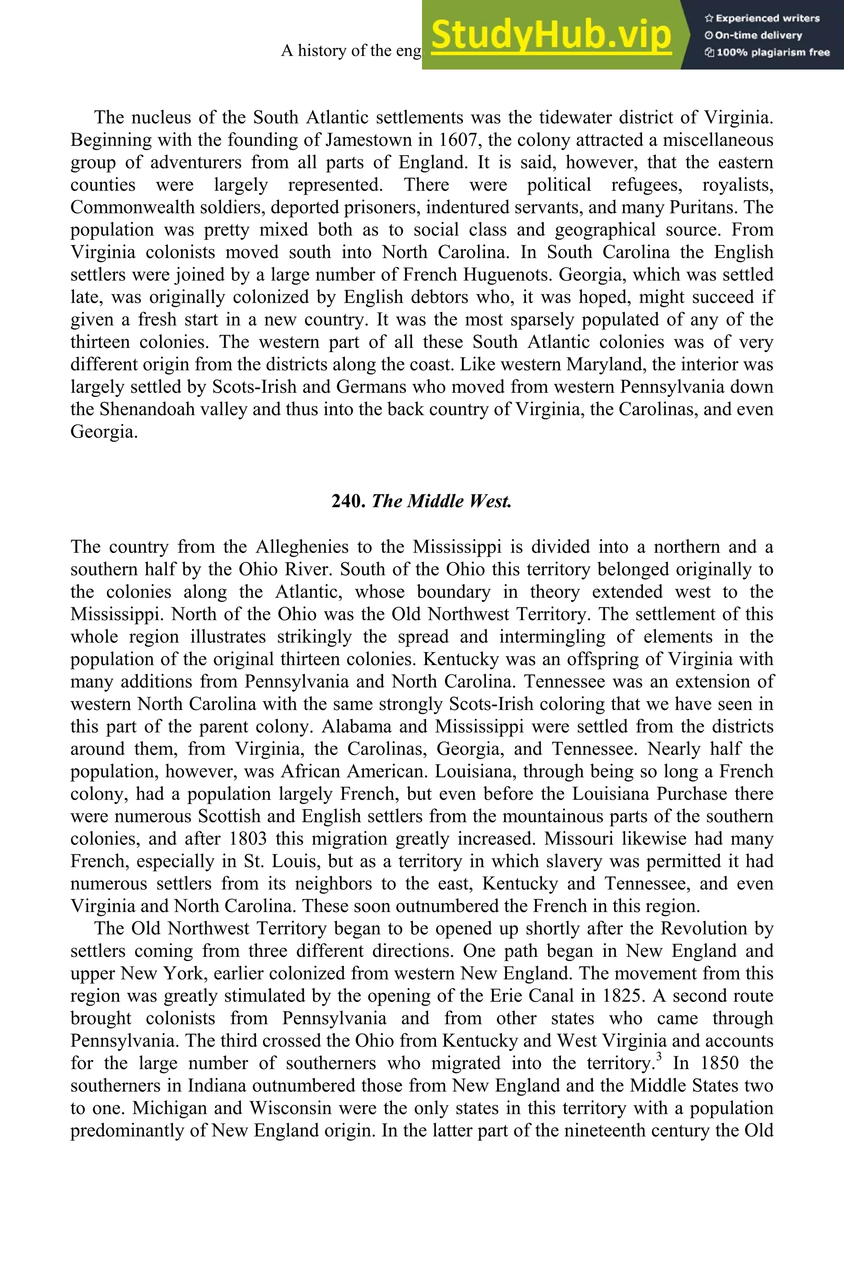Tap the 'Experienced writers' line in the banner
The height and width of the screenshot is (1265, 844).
coord(762,18)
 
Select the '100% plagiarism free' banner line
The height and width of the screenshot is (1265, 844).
coord(767,52)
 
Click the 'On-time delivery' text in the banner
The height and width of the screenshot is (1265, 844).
coord(754,35)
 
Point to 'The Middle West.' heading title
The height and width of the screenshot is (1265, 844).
coord(441,501)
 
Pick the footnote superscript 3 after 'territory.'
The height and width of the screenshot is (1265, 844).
coord(659,1057)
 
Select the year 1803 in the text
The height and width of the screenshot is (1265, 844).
coord(248,838)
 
